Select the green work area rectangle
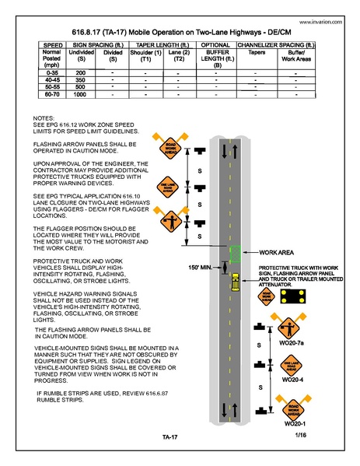click(234, 253)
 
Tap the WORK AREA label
click(277, 253)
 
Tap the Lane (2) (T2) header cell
click(179, 57)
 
